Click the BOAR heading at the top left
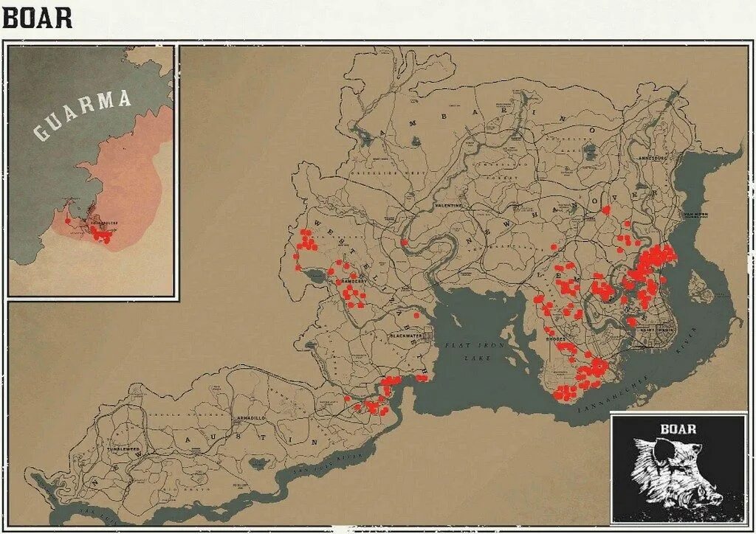38,17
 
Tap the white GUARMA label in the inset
83,114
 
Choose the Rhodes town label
556,340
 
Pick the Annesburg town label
641,157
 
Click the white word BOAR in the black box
678,428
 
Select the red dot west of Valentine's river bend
404,242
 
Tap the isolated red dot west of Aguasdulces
68,220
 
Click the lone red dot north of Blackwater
416,315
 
